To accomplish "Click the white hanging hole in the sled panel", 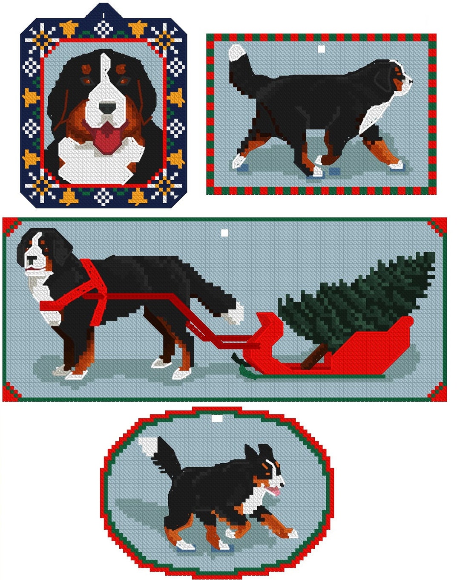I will pyautogui.click(x=224, y=233).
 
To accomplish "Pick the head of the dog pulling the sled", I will pyautogui.click(x=40, y=251).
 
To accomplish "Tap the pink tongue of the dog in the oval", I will pyautogui.click(x=276, y=491).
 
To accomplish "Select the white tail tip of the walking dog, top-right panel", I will pyautogui.click(x=236, y=53).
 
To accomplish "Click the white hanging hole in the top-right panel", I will pyautogui.click(x=322, y=49).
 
